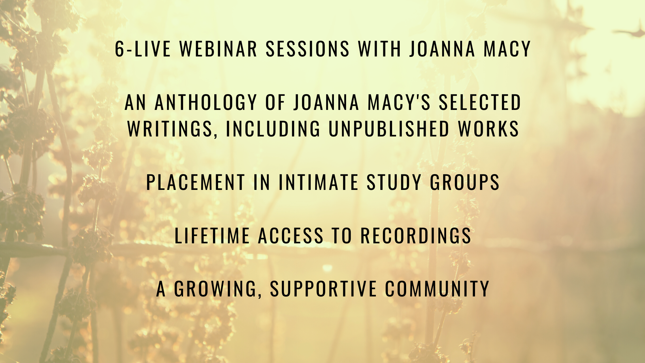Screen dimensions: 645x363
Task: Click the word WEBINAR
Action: pyautogui.click(x=218, y=49)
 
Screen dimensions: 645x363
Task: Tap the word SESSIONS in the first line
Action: pyautogui.click(x=308, y=49)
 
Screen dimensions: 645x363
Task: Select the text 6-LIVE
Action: pyautogui.click(x=143, y=49)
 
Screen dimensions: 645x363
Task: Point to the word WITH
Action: pyautogui.click(x=380, y=49)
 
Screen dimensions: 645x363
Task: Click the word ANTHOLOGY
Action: pyautogui.click(x=206, y=102)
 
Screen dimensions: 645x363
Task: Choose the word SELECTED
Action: pyautogui.click(x=480, y=102)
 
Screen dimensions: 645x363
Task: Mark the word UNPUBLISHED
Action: pyautogui.click(x=389, y=129)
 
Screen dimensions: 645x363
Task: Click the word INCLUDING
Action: pyautogui.click(x=273, y=129)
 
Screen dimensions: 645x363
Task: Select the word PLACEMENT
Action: pyautogui.click(x=196, y=182)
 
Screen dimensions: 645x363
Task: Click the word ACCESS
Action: pyautogui.click(x=291, y=235)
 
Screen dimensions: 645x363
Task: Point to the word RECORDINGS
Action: pyautogui.click(x=416, y=235)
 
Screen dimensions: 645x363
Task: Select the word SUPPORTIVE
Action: pyautogui.click(x=324, y=289)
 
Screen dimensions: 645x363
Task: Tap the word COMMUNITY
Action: pyautogui.click(x=437, y=289)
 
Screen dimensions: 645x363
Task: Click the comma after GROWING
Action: pyautogui.click(x=260, y=296)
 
